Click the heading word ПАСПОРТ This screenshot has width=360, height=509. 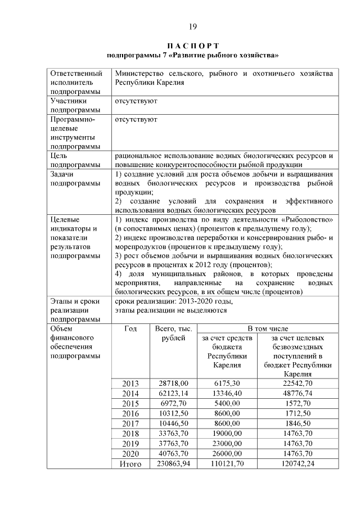(x=192, y=46)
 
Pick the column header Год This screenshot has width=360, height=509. (x=130, y=328)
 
